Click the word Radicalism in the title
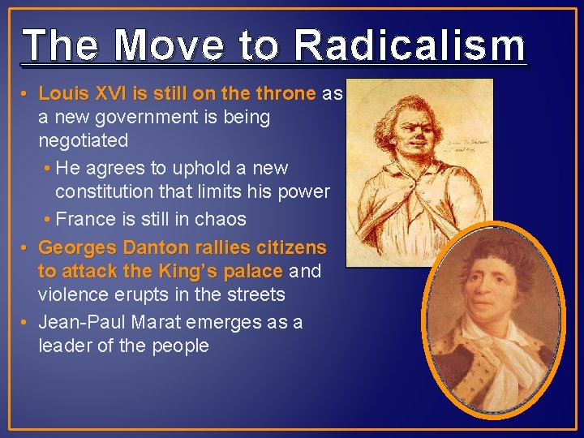point(410,45)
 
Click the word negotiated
point(84,140)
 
